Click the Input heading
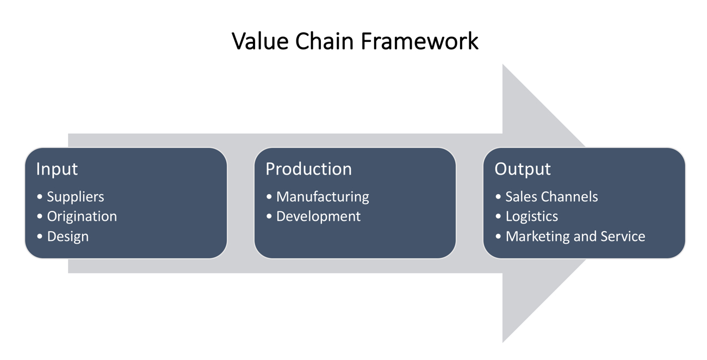click(x=57, y=169)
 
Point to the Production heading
click(x=308, y=169)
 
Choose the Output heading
click(x=522, y=169)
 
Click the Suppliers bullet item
click(x=75, y=197)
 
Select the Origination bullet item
click(x=82, y=216)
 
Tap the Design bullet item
click(x=67, y=237)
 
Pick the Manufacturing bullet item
click(x=323, y=197)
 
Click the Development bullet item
click(x=318, y=216)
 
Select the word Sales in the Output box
click(x=521, y=197)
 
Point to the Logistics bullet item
click(x=531, y=216)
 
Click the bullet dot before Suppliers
click(x=40, y=197)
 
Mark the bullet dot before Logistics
click(x=498, y=216)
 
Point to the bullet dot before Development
click(x=269, y=216)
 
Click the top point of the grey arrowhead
click(x=503, y=65)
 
